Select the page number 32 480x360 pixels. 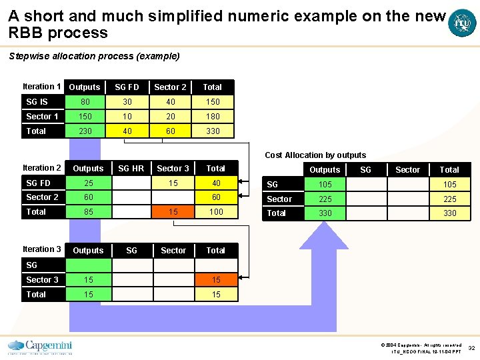(471, 348)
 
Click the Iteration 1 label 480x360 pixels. (42, 87)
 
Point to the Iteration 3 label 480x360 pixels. (42, 249)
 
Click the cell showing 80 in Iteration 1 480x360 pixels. (85, 102)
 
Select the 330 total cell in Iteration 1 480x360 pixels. (213, 131)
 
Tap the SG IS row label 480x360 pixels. (37, 102)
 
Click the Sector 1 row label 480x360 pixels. (42, 117)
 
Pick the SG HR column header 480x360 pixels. (131, 169)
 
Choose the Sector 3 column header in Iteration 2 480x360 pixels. (173, 169)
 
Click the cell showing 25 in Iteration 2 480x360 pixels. (89, 183)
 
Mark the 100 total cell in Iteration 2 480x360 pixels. (216, 212)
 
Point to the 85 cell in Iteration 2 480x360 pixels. (89, 212)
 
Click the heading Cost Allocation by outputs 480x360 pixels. (315, 155)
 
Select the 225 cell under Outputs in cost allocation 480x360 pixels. (325, 199)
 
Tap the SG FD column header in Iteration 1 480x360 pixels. (127, 87)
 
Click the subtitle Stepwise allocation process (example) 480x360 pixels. (94, 56)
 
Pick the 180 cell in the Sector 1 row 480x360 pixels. (213, 117)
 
